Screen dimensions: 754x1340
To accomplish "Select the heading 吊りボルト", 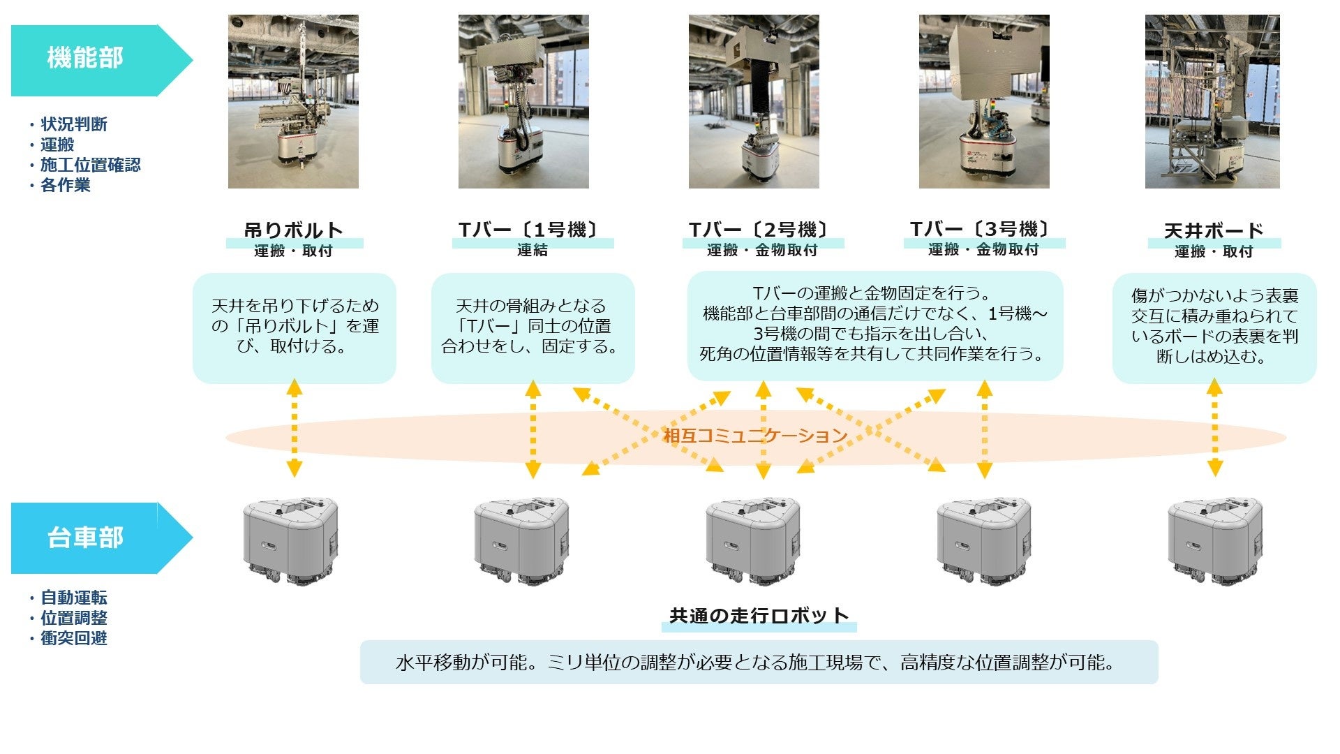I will click(294, 230).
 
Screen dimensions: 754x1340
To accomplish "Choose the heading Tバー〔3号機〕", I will click(980, 229).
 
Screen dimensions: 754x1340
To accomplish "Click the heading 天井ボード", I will click(1214, 230).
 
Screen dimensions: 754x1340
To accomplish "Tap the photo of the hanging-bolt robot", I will click(293, 102).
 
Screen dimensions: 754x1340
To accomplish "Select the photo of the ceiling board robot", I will click(1212, 102).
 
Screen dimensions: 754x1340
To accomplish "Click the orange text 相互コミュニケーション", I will click(755, 436).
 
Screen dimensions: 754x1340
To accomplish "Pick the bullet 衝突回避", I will click(73, 638).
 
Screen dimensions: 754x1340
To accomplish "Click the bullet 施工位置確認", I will click(90, 165).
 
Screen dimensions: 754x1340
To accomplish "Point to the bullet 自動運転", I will click(73, 598).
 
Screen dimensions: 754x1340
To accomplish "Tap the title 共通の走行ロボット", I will click(759, 616).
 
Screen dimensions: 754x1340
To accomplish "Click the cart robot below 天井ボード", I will click(1214, 540).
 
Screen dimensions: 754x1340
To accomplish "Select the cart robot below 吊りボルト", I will click(290, 540).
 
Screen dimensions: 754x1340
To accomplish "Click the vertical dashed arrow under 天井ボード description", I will click(1214, 427).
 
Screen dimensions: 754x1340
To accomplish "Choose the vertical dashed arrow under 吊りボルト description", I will click(295, 427).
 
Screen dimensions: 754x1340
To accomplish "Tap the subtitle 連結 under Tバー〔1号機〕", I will click(533, 250).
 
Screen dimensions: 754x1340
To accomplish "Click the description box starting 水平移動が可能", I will click(759, 662).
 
